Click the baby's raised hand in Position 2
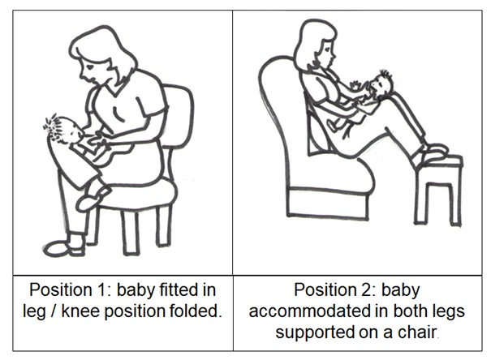pos(356,84)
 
